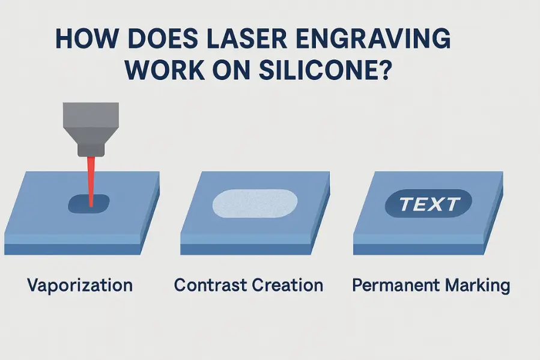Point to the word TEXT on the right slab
tap(429, 204)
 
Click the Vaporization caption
tap(80, 284)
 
